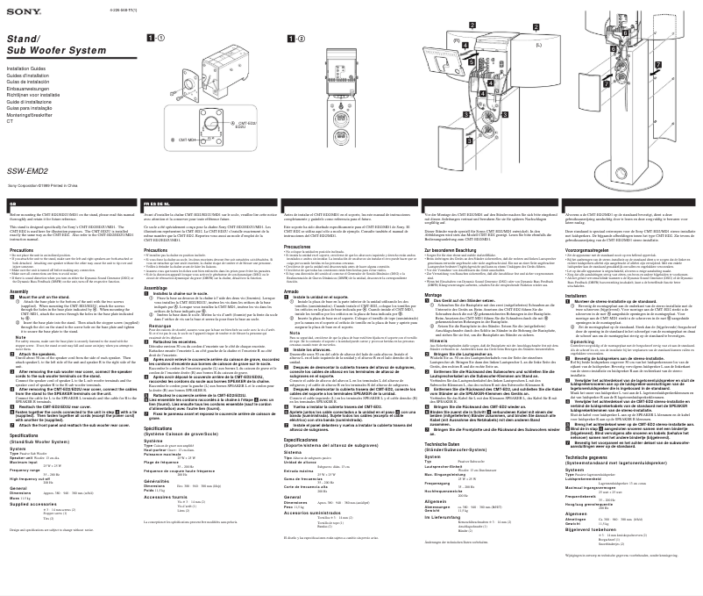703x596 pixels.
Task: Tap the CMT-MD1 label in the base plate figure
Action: tap(188, 140)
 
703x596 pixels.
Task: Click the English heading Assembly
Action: tap(21, 291)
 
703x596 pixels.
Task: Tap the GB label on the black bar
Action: tap(13, 202)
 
